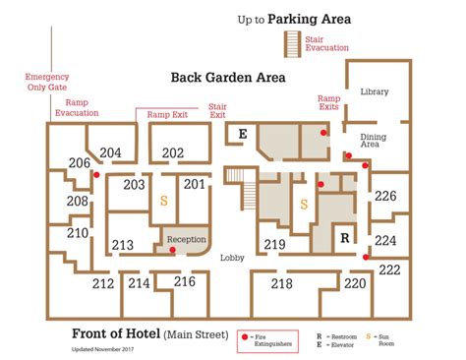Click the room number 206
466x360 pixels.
click(x=80, y=163)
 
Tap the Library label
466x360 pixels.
click(x=375, y=91)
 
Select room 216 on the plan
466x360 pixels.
click(x=185, y=281)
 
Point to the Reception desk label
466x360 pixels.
click(x=186, y=239)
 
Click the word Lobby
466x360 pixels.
click(x=232, y=258)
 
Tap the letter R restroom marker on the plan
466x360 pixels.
click(x=344, y=238)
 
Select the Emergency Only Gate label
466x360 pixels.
click(x=47, y=82)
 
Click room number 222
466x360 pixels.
click(x=389, y=270)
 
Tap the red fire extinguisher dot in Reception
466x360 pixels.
click(x=173, y=250)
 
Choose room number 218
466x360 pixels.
click(x=282, y=283)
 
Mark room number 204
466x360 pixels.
click(x=111, y=152)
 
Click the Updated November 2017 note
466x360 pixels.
click(x=103, y=347)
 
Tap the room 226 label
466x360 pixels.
click(x=385, y=197)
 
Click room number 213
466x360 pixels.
click(x=123, y=245)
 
